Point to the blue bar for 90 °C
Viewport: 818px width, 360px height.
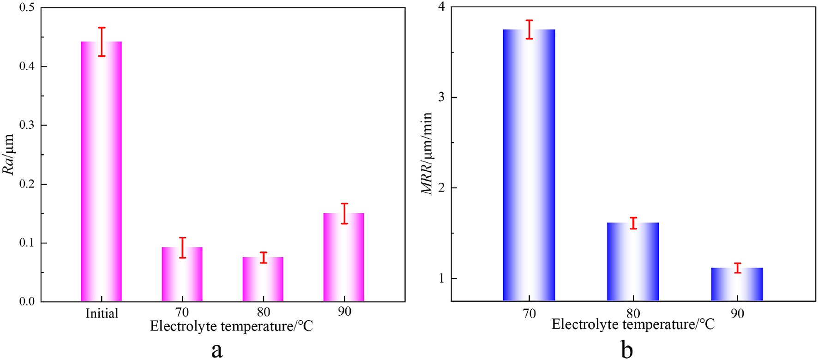pos(737,284)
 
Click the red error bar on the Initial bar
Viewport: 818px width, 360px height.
pos(102,42)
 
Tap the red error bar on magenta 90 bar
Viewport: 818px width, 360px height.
pos(344,213)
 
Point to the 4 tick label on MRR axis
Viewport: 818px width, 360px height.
pos(440,7)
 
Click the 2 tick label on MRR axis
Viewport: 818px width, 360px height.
pos(440,188)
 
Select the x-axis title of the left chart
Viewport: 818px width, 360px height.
pos(231,327)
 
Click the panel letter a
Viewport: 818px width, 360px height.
pos(217,350)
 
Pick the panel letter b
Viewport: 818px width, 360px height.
pos(627,350)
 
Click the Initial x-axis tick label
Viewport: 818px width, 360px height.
pos(102,313)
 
